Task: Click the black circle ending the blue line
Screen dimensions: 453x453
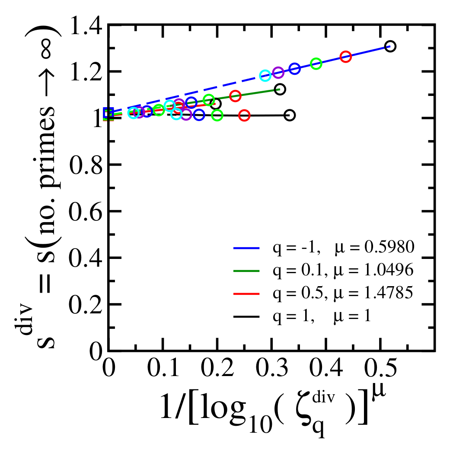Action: tap(390, 46)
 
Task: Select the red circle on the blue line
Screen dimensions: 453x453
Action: tap(345, 57)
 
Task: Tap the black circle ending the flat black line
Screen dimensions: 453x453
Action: tap(290, 115)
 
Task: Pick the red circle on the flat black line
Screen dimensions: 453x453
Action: tap(244, 115)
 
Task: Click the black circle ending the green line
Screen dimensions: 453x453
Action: tap(280, 89)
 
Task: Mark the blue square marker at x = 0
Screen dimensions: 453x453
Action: tap(108, 113)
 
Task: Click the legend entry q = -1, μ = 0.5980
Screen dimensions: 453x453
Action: tap(324, 247)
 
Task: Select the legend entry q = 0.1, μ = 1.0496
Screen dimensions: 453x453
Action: tap(324, 270)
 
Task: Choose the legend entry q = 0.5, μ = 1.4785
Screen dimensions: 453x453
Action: tap(324, 293)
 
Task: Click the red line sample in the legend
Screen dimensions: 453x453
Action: tap(246, 294)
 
